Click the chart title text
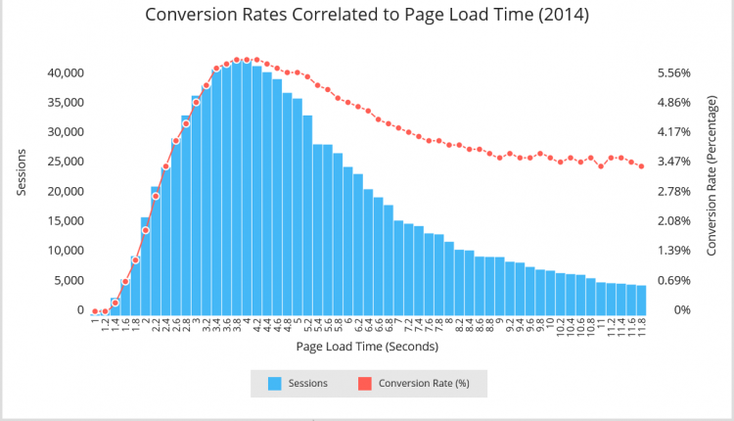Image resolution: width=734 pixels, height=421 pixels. [x=367, y=16]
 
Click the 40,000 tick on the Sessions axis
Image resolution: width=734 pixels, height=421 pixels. [x=67, y=73]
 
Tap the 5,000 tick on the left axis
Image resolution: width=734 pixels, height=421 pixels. [x=69, y=280]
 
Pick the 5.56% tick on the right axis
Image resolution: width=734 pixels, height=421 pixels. [x=673, y=73]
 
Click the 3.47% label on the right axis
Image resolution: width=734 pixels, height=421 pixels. [x=673, y=162]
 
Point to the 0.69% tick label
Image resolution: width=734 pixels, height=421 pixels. [x=673, y=280]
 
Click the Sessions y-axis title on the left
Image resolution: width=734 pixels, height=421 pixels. [x=22, y=172]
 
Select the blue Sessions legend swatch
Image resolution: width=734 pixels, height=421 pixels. [x=274, y=384]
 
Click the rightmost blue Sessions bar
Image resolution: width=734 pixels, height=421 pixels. [x=641, y=298]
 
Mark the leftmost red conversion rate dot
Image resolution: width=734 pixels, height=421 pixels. [x=95, y=311]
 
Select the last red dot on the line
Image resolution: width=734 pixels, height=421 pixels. [x=641, y=166]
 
